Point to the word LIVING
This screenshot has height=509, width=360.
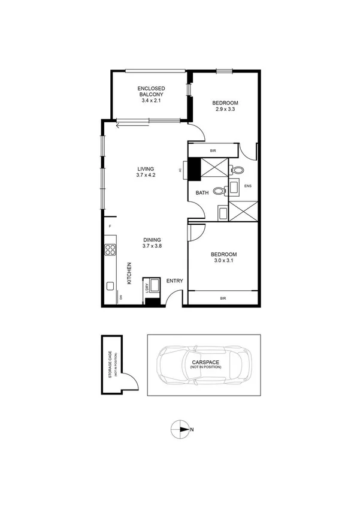pos(146,168)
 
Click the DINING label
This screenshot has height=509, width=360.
pos(152,240)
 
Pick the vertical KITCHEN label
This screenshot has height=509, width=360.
pos(129,273)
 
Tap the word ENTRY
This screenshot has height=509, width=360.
pos(174,281)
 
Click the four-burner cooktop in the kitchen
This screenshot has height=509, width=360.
pos(110,250)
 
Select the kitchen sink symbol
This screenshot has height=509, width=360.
pos(110,286)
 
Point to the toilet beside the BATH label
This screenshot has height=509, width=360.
pos(217,192)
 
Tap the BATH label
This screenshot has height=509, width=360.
pos(202,192)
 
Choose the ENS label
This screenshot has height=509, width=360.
pos(247,186)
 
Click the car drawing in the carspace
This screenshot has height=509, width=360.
pos(204,365)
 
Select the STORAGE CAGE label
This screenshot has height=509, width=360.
pos(109,365)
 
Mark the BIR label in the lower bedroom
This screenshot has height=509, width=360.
pos(223,298)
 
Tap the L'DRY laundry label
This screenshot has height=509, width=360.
pos(146,287)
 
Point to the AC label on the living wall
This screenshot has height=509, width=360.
pos(180,170)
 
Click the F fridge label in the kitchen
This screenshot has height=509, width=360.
pos(110,226)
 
